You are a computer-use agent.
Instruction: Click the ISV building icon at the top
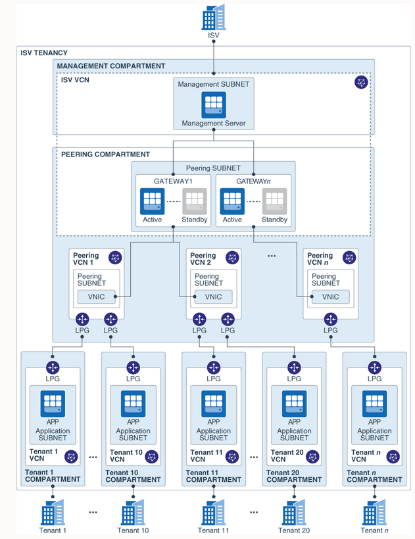point(213,17)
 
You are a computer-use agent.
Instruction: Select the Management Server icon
point(214,105)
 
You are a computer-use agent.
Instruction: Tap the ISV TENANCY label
point(44,53)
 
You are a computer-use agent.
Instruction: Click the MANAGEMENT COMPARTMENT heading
point(111,66)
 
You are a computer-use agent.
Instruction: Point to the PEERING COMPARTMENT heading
point(105,154)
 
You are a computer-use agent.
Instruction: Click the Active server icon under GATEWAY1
point(152,200)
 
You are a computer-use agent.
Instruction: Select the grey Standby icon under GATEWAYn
point(274,200)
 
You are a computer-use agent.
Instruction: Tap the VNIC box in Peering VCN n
point(330,296)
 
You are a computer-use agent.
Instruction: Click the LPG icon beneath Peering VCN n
point(330,319)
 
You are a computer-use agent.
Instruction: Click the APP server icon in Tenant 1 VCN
point(53,404)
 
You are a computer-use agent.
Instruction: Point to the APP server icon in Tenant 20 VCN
point(294,404)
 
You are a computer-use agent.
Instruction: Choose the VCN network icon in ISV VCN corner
point(361,82)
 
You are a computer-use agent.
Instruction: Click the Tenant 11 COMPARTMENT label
point(213,475)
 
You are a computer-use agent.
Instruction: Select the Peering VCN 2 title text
point(203,259)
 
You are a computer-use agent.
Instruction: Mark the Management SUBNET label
point(214,84)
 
